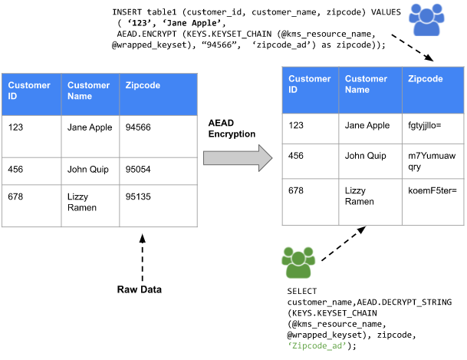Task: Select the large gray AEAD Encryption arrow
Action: [238, 157]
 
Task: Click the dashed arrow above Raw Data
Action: [141, 256]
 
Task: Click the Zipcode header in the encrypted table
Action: [426, 78]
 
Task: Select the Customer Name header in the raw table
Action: [88, 91]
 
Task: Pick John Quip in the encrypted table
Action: [366, 155]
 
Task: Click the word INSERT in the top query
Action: [128, 13]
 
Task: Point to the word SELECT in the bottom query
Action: [301, 292]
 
